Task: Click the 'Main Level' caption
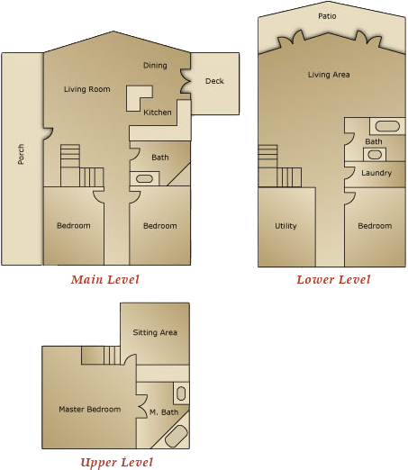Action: click(105, 280)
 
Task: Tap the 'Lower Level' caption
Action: click(333, 280)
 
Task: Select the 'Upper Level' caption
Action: click(116, 462)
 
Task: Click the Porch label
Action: click(21, 155)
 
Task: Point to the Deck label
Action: click(214, 82)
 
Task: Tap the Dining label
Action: click(155, 65)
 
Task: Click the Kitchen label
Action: click(158, 113)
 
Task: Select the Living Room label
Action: click(87, 89)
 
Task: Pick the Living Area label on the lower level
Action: click(329, 75)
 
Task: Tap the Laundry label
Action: click(376, 173)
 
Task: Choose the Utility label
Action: click(286, 226)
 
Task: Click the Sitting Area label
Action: click(155, 333)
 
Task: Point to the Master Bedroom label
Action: click(89, 410)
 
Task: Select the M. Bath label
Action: click(165, 413)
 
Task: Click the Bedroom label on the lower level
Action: click(375, 226)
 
